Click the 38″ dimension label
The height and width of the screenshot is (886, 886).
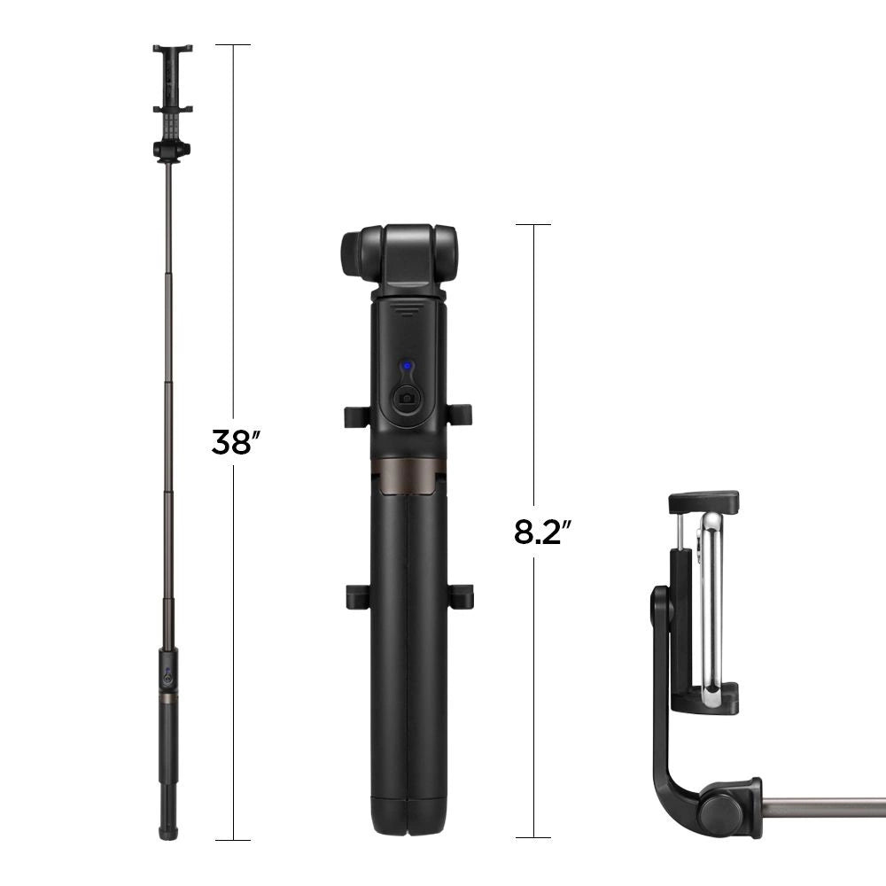coord(232,441)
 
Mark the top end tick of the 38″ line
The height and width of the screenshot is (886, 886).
coord(232,44)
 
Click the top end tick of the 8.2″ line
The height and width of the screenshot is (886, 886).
coord(533,224)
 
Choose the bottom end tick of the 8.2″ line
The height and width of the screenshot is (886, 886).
coord(533,837)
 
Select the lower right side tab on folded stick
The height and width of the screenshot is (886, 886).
coord(461,595)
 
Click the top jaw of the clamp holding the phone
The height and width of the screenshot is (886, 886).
coord(703,501)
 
